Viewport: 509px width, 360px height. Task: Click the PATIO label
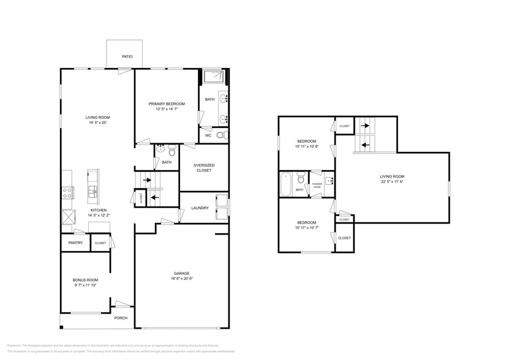127,56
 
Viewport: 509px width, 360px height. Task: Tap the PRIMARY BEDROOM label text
166,104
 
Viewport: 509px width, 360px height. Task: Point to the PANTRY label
75,243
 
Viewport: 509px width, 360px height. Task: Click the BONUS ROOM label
85,279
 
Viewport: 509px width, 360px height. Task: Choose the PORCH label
121,318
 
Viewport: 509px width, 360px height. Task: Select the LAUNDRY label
200,208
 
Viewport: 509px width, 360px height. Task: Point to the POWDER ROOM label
317,184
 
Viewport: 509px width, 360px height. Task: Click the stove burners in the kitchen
67,192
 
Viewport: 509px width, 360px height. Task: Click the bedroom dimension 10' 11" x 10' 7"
306,228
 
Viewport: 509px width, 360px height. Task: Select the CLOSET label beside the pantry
100,243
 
